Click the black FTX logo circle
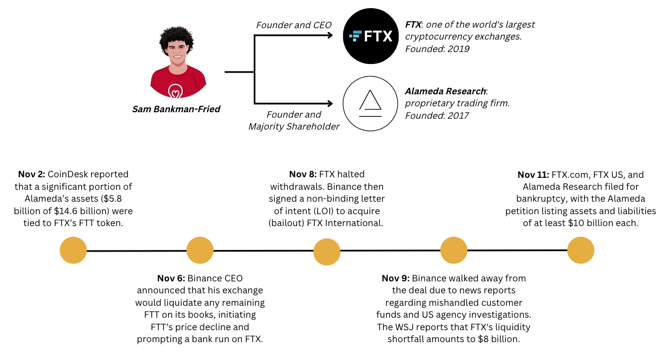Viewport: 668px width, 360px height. [x=370, y=37]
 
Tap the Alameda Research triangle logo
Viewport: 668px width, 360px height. [x=370, y=104]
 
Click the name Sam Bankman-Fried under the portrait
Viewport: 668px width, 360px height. [x=176, y=109]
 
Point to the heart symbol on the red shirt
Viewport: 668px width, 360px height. [x=175, y=90]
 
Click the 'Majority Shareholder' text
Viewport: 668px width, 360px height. [x=293, y=126]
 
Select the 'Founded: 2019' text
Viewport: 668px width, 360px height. [x=438, y=49]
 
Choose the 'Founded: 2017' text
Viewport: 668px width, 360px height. [x=438, y=115]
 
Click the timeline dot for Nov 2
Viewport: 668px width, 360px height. [x=73, y=251]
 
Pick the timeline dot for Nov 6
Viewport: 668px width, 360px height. [x=200, y=250]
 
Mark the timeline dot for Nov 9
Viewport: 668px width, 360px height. [x=454, y=250]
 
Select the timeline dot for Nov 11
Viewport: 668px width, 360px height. [x=581, y=251]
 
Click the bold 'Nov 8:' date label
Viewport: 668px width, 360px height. [x=303, y=175]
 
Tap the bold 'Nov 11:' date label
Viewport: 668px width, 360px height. [x=533, y=175]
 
